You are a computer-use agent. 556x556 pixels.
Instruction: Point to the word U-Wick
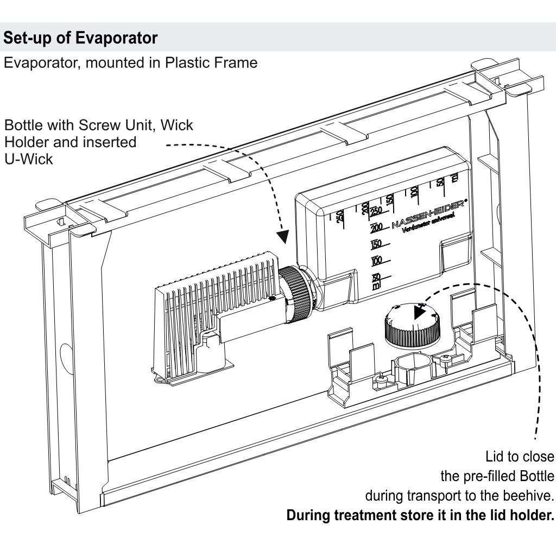(29, 160)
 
